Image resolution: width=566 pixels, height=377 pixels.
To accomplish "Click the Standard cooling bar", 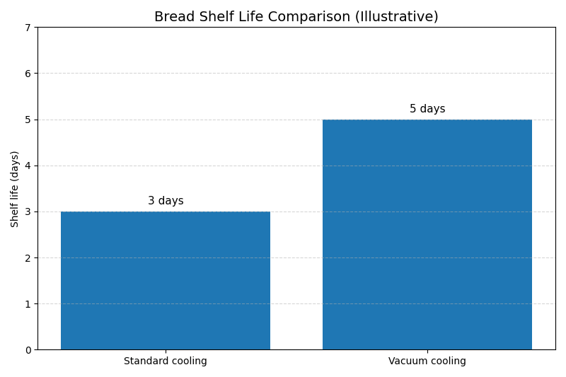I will [x=166, y=280].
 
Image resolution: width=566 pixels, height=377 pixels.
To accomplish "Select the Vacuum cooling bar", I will [x=427, y=234].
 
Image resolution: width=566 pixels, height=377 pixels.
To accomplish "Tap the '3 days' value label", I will [x=166, y=201].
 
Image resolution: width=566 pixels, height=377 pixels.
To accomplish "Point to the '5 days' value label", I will [x=427, y=109].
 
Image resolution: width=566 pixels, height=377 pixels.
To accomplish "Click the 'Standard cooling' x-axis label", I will [x=166, y=361].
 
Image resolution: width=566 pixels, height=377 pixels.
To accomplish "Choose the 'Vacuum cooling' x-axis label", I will [x=427, y=361].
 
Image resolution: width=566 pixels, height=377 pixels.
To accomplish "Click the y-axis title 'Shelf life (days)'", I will [x=15, y=189].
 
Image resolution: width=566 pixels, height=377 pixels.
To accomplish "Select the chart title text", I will [x=296, y=17].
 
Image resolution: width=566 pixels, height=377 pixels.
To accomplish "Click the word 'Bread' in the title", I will [x=173, y=17].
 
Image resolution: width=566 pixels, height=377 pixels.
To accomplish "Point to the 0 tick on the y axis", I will [x=28, y=350].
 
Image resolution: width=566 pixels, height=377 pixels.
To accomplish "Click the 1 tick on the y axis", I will [x=28, y=304].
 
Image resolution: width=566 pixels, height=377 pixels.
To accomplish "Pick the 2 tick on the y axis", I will [x=28, y=258].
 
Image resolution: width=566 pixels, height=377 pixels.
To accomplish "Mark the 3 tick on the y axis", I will [x=28, y=212].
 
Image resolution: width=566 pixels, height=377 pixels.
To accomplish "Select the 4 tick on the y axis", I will [x=28, y=166].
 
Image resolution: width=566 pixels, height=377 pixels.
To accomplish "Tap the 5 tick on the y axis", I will [x=28, y=120].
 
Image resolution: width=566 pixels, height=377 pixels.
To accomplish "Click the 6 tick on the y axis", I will [x=28, y=74].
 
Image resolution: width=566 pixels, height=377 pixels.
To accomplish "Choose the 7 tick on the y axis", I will [x=28, y=28].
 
